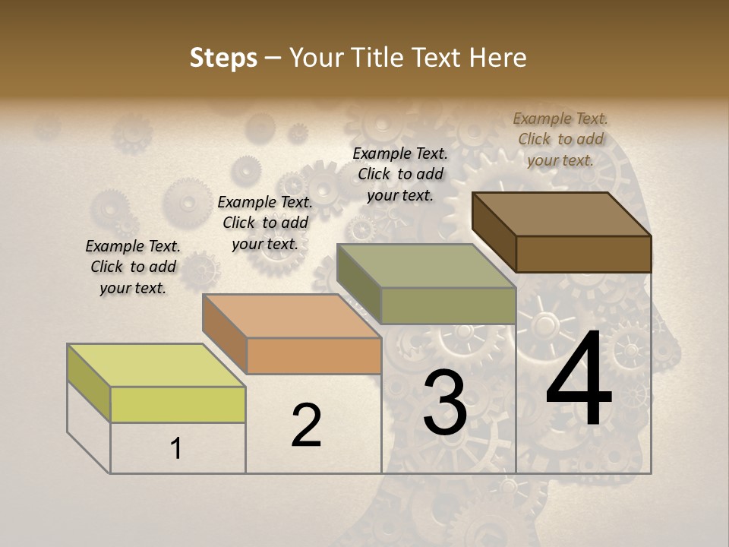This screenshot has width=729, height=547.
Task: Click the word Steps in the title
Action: click(x=222, y=58)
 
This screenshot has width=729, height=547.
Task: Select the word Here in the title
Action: click(x=498, y=58)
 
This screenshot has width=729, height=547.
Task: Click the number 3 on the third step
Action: click(x=444, y=403)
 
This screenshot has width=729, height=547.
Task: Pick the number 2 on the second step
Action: click(x=306, y=425)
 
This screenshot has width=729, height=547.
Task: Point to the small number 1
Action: click(x=176, y=448)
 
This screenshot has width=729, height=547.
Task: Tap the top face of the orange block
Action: click(x=291, y=316)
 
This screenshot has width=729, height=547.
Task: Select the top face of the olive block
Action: click(x=426, y=266)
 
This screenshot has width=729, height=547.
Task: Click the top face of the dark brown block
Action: click(x=561, y=214)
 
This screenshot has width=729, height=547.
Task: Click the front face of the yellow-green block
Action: click(x=178, y=404)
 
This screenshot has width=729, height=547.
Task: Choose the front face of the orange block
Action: click(x=314, y=356)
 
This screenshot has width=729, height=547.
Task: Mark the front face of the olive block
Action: click(x=448, y=305)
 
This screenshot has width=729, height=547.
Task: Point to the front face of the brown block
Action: click(x=583, y=254)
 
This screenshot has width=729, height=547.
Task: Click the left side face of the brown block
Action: click(x=494, y=232)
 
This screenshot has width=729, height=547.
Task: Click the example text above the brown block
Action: click(x=560, y=139)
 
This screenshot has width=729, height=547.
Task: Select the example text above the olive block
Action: click(x=400, y=174)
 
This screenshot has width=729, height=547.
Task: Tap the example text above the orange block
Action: click(x=265, y=223)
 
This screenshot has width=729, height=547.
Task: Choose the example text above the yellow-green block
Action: click(x=133, y=267)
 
